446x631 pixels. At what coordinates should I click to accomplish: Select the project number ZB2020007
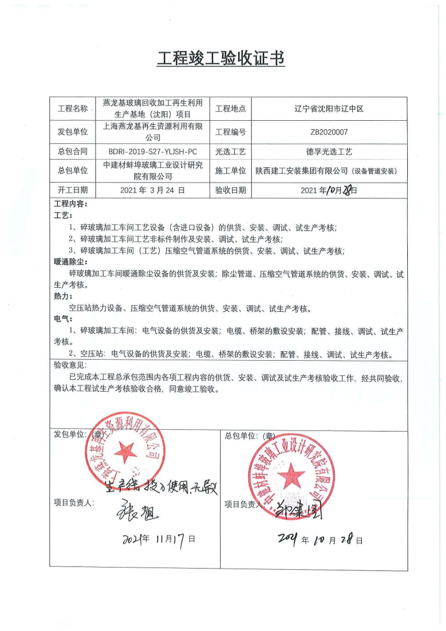pyautogui.click(x=329, y=133)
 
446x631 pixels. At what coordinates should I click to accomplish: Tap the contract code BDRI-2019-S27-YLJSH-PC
pyautogui.click(x=153, y=152)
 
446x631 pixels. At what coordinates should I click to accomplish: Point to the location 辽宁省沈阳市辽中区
pyautogui.click(x=329, y=108)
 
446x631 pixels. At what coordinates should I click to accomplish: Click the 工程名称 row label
pyautogui.click(x=73, y=108)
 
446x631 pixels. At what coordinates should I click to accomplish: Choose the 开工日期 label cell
pyautogui.click(x=73, y=190)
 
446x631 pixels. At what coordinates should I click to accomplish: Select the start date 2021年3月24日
pyautogui.click(x=153, y=190)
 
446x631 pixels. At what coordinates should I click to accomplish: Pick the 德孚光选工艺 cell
pyautogui.click(x=329, y=152)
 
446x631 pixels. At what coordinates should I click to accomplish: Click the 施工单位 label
pyautogui.click(x=230, y=170)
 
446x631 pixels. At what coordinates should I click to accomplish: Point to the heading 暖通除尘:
pyautogui.click(x=71, y=261)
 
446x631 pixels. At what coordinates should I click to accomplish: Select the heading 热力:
pyautogui.click(x=63, y=296)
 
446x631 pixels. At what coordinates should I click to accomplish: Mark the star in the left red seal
pyautogui.click(x=125, y=451)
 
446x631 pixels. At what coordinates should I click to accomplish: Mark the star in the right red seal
pyautogui.click(x=292, y=476)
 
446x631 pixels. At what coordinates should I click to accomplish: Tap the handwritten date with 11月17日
pyautogui.click(x=159, y=539)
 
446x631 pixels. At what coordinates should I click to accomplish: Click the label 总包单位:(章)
pyautogui.click(x=249, y=435)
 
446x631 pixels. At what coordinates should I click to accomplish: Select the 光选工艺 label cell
pyautogui.click(x=230, y=152)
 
